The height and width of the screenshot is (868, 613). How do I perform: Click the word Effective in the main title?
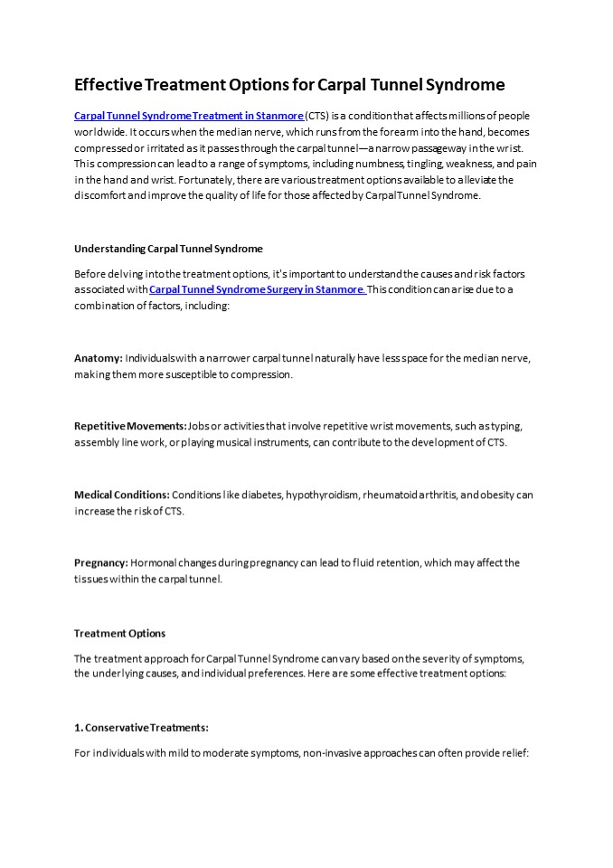[107, 85]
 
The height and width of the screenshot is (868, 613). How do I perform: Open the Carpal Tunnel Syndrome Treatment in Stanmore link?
[188, 117]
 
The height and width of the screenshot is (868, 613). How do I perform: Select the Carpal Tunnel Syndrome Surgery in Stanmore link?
[257, 289]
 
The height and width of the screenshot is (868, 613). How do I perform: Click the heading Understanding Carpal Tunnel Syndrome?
[168, 248]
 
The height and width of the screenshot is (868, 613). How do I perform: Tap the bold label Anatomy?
[98, 358]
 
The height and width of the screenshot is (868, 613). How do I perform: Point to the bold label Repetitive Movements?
[130, 426]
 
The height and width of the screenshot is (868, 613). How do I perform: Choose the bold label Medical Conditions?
[121, 495]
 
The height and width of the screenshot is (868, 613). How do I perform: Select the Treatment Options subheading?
[119, 633]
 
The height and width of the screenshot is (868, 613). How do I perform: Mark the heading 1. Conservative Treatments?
[141, 727]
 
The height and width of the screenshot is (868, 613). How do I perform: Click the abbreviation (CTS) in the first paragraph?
[317, 117]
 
